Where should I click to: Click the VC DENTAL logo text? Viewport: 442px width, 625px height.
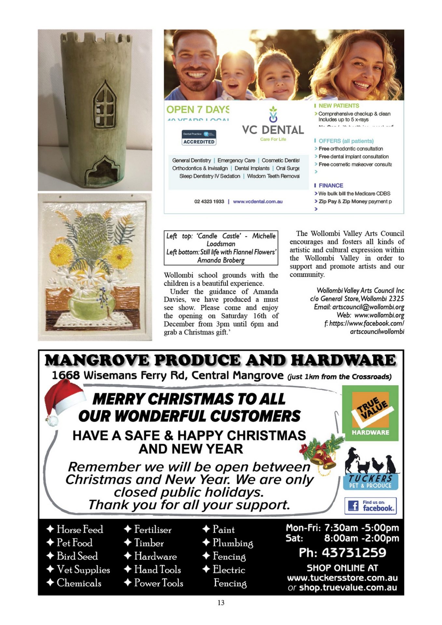(x=273, y=130)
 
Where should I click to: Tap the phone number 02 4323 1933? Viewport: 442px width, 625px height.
(x=209, y=201)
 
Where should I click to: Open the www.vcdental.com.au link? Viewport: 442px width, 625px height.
(x=258, y=201)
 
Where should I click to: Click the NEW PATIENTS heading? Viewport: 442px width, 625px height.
(x=339, y=106)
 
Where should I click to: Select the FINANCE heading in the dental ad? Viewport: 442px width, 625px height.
(x=331, y=186)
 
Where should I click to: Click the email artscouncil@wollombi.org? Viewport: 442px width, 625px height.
(x=367, y=307)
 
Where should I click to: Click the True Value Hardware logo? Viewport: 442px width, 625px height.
(x=370, y=413)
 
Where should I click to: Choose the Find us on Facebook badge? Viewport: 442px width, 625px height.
(x=370, y=506)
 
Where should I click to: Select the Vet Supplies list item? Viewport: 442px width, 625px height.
(x=83, y=569)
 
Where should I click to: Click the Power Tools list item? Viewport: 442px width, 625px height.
(x=159, y=583)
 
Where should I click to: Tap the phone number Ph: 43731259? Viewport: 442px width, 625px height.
(x=342, y=552)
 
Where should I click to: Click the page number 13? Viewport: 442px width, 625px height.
(x=221, y=603)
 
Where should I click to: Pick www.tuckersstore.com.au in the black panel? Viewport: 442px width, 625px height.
(x=342, y=578)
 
